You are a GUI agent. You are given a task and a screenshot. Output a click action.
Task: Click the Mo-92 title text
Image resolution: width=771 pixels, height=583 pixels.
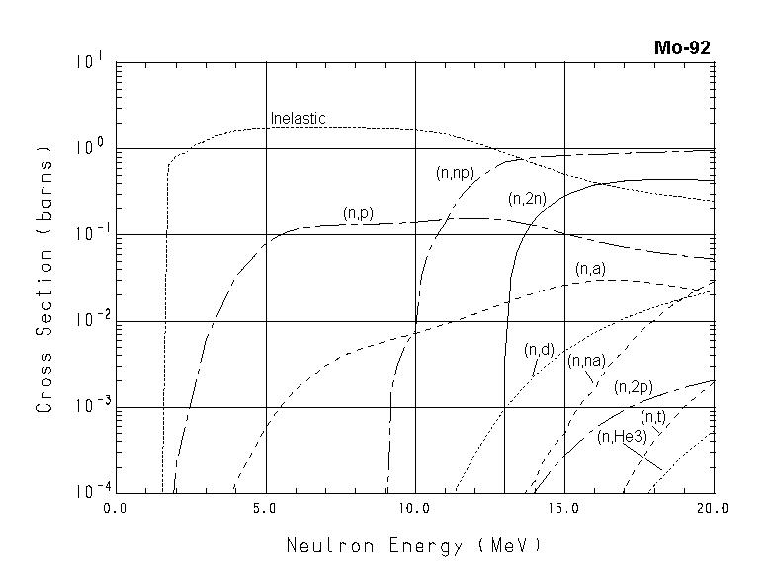click(x=682, y=47)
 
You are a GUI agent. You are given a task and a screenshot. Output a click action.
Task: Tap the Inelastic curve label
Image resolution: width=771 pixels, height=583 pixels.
click(x=298, y=119)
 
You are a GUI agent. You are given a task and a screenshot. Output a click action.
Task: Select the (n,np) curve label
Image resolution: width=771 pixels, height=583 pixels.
click(x=455, y=173)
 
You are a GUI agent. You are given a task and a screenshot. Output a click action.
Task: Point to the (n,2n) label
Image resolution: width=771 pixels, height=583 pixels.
click(x=527, y=199)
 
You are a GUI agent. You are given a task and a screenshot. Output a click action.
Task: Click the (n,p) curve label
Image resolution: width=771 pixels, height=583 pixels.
click(x=358, y=212)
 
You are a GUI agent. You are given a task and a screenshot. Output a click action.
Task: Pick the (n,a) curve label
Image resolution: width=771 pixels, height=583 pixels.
click(x=590, y=268)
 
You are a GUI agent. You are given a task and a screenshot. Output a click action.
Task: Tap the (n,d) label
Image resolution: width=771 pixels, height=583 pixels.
click(x=539, y=349)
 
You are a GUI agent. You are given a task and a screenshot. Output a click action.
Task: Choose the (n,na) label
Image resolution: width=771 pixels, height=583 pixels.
click(x=586, y=361)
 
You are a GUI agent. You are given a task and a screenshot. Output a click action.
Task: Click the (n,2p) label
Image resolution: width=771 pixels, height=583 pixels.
click(x=632, y=386)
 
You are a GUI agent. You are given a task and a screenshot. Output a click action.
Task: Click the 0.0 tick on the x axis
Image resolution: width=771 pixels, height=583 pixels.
click(x=117, y=508)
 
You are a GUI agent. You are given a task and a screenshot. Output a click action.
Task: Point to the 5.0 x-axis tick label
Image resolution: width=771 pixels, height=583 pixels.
click(x=266, y=508)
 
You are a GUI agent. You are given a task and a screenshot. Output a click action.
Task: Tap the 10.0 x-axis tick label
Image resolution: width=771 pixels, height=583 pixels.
click(x=414, y=508)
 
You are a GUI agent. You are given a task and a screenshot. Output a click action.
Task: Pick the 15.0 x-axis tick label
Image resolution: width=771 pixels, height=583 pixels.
click(x=563, y=508)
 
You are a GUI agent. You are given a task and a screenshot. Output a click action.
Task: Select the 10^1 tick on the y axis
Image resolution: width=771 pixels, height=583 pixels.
click(x=89, y=62)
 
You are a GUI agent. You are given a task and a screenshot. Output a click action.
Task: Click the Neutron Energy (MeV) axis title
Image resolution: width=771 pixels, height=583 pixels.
click(x=414, y=545)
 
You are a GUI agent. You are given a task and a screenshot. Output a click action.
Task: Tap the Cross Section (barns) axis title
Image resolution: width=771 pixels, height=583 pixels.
click(x=44, y=279)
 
